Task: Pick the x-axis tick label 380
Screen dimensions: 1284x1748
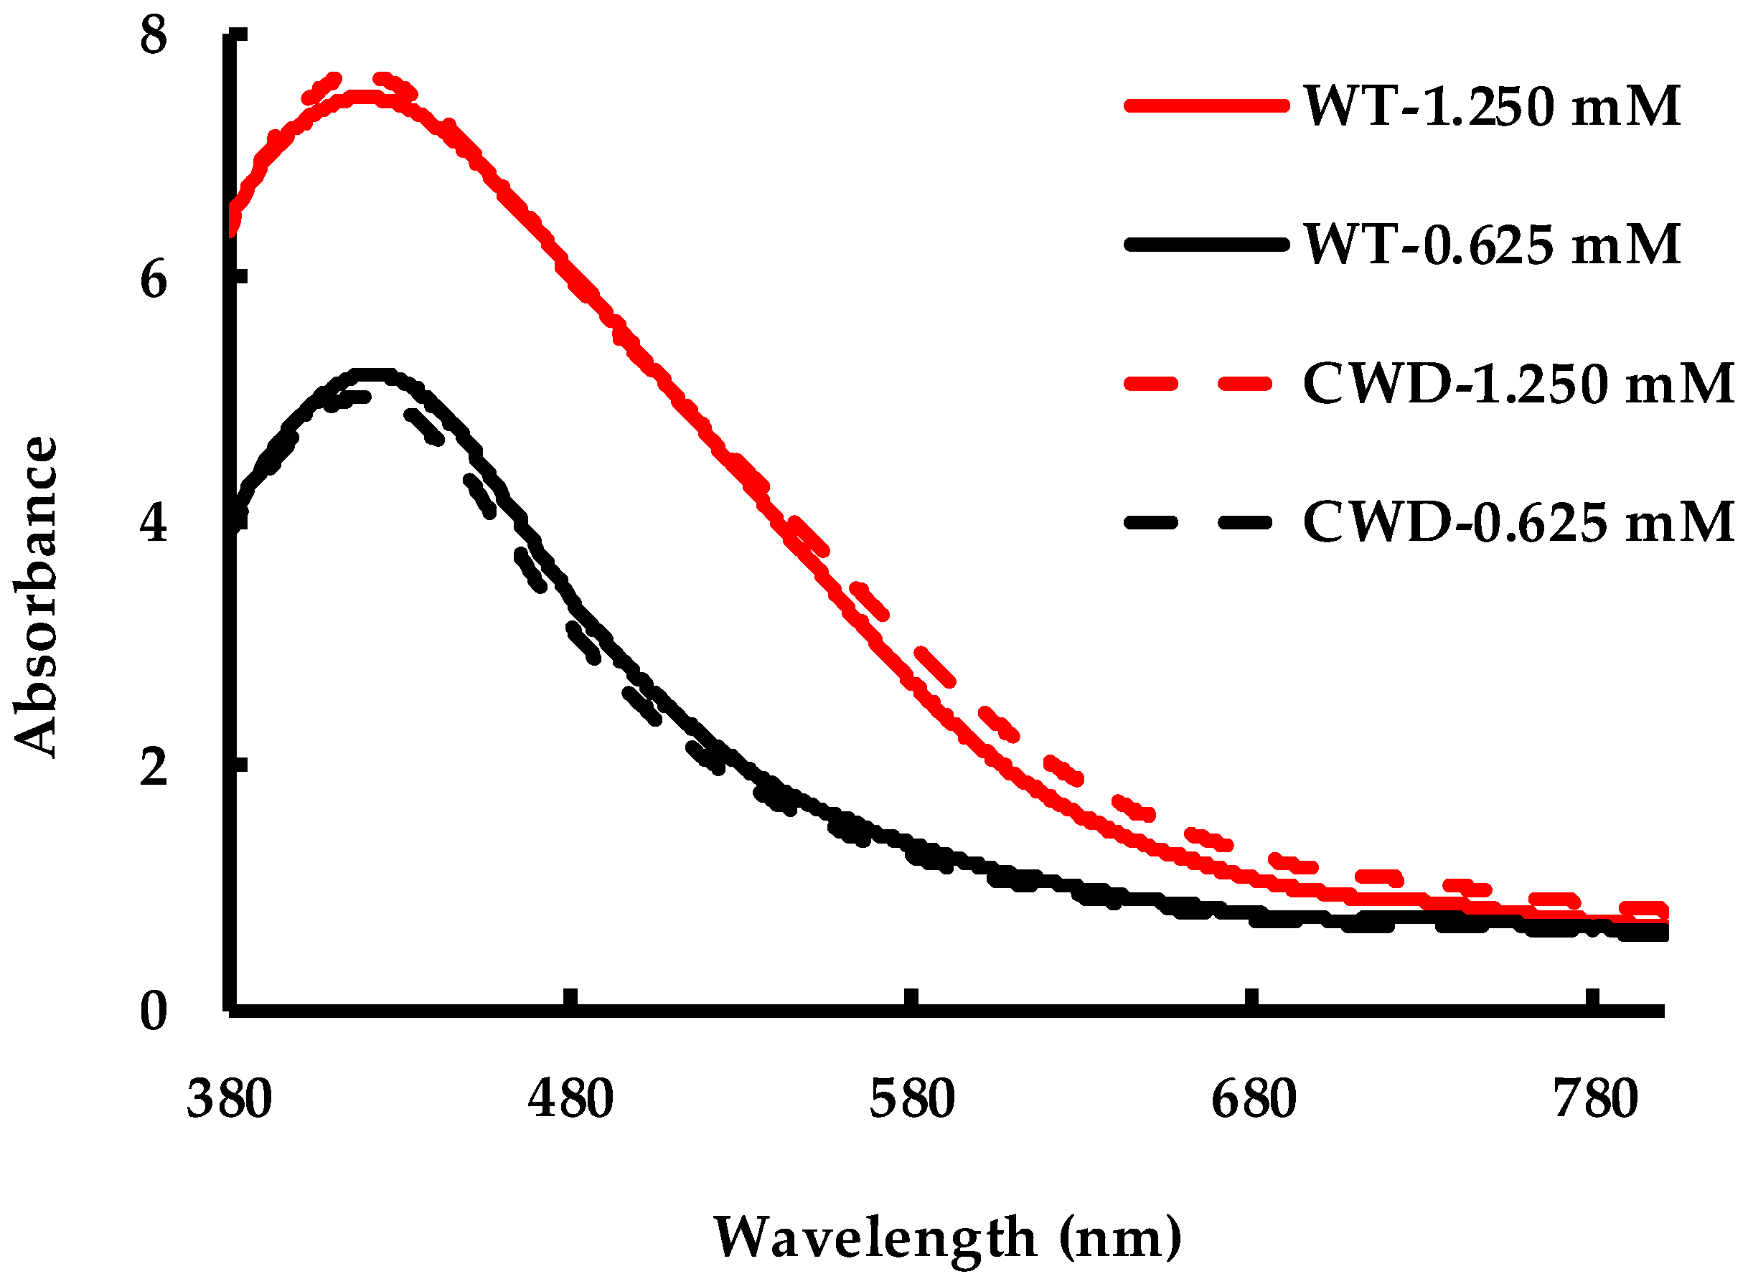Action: pos(230,1100)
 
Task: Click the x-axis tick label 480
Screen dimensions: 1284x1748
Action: pos(570,1100)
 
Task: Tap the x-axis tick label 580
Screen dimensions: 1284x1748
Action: pos(911,1100)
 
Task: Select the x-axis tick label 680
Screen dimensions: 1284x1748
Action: pos(1254,1100)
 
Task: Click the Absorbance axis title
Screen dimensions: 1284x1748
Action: pos(36,596)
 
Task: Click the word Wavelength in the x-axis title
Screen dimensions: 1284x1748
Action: pos(875,1237)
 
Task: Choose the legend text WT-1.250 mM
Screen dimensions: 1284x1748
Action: pos(1491,106)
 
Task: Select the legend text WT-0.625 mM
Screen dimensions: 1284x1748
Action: pos(1491,245)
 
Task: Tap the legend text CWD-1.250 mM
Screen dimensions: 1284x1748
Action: pos(1518,384)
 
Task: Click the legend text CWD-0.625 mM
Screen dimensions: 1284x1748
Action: pos(1518,522)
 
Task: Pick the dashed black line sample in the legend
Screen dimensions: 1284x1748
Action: pos(1199,522)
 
